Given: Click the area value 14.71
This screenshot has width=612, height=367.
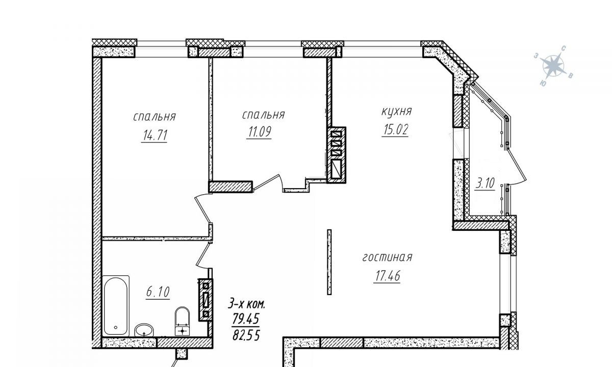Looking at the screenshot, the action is point(155,135).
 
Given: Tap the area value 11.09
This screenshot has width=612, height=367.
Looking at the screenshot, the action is point(259,132).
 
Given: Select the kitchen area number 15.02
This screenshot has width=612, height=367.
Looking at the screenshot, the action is point(395,129).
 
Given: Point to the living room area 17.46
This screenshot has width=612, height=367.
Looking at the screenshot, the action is point(387,276).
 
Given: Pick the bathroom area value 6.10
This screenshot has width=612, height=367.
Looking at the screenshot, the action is point(158,292).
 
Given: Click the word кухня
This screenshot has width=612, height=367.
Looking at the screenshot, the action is point(396,112).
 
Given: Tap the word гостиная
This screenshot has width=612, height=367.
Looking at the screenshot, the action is point(387,257).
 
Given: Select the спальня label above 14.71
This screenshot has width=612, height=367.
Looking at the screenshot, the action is point(155,117).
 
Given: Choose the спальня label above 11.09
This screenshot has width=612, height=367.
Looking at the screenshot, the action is point(263,115).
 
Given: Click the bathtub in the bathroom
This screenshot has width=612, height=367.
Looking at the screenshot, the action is point(116,306).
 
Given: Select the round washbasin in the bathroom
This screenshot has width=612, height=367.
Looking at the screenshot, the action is point(144,330).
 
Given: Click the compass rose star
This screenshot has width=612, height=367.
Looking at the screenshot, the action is point(553,66).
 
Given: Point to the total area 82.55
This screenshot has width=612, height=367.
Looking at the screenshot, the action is point(246,334).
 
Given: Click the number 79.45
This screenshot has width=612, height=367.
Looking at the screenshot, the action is point(246,319).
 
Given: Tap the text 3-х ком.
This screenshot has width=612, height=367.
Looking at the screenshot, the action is point(246,303).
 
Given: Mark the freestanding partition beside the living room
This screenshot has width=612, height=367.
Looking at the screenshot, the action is point(329,262).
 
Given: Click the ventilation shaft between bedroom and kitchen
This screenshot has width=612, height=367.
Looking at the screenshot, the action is point(336,155).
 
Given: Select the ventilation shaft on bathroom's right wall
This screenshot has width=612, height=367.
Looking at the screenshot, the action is point(206,300).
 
